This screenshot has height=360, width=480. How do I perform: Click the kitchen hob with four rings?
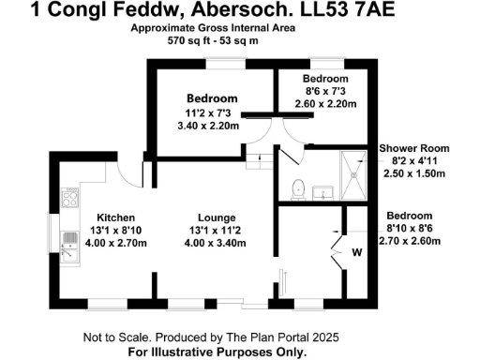pos(68,198)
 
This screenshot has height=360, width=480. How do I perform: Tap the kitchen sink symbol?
pos(67,247)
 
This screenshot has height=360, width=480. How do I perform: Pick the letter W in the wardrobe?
pos(357,252)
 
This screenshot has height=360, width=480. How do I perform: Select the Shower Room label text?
pos(413,148)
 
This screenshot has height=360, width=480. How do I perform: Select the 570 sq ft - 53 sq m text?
pos(213,41)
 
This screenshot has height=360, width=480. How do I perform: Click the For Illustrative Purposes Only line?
pos(217,352)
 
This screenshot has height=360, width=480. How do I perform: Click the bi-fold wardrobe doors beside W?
pos(336,246)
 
